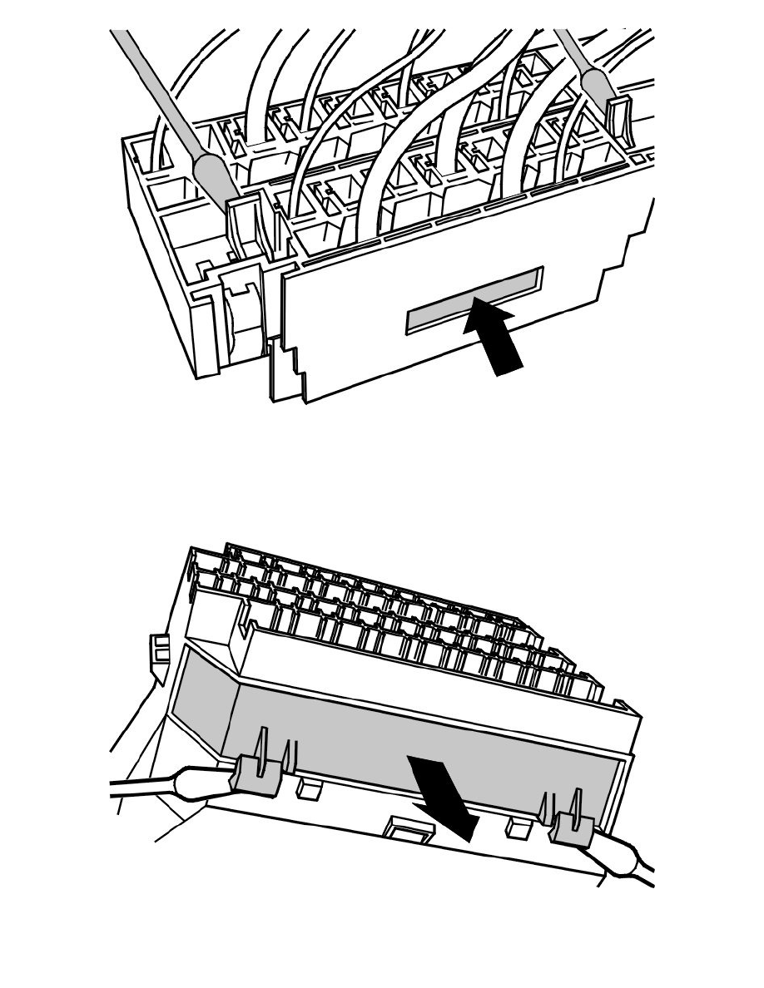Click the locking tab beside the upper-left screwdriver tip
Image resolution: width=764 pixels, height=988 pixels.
coord(243,225)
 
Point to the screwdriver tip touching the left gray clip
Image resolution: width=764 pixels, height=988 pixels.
coord(201,782)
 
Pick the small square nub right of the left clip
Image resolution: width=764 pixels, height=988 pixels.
coord(310,787)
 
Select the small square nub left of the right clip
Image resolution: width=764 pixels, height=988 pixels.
coord(518,823)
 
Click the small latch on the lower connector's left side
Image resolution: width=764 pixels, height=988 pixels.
coord(156,650)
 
